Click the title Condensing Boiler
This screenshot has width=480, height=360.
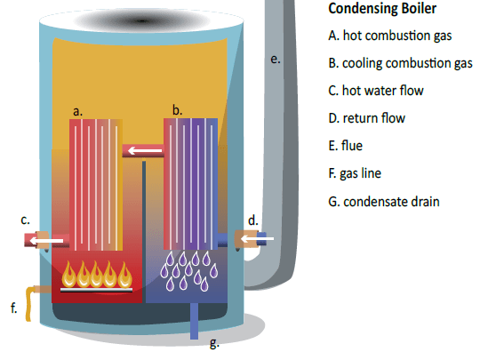coord(382,9)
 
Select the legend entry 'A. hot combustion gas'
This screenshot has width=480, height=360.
coord(389,36)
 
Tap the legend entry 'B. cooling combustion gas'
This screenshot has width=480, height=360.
coord(400,63)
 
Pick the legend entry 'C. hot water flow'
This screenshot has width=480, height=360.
coord(376,91)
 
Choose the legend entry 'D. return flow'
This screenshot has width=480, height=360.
coord(367,118)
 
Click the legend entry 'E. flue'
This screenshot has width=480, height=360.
coord(345,146)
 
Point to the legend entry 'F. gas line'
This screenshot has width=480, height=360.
coord(355,173)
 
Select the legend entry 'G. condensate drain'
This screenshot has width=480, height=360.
coord(384,202)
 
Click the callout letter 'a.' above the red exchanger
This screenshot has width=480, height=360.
coord(77,111)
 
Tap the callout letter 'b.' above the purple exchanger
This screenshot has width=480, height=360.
coord(177,110)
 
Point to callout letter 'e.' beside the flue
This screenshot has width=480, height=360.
coord(276,60)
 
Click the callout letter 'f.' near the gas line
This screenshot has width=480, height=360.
coord(13,308)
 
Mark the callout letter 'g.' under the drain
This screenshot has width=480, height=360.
coord(214,343)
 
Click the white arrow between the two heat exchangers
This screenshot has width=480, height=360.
coord(145,150)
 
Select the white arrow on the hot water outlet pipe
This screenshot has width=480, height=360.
coord(46,241)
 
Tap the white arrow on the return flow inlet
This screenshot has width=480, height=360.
coord(257,238)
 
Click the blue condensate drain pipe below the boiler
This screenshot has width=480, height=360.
coord(194,321)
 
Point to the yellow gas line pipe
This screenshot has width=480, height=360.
coord(33,301)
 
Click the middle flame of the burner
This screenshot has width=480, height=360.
coord(96,275)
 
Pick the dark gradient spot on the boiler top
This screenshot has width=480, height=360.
coord(141,21)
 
